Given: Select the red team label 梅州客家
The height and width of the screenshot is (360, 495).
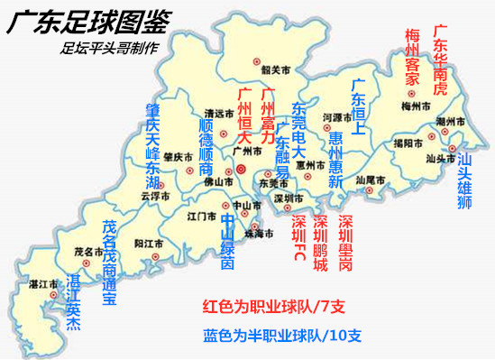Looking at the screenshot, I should [412, 55].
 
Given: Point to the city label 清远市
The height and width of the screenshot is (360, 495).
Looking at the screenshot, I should [219, 114].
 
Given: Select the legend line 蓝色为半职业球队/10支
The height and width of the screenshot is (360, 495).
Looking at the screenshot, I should [282, 337].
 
